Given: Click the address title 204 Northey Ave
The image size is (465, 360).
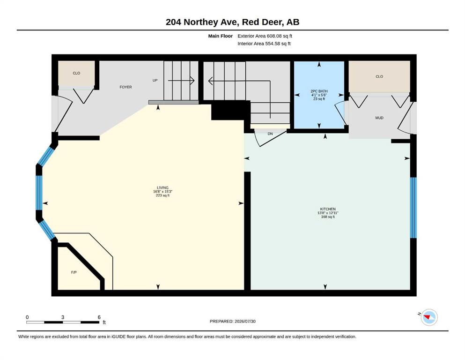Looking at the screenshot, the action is pyautogui.click(x=203, y=22).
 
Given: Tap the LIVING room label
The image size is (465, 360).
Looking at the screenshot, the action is pyautogui.click(x=162, y=187).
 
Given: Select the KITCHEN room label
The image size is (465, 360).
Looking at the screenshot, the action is pyautogui.click(x=328, y=209).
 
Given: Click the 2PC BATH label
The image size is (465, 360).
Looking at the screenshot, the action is pyautogui.click(x=319, y=91).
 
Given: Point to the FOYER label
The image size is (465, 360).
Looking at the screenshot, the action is pyautogui.click(x=126, y=87).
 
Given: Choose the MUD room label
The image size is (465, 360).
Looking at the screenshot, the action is pyautogui.click(x=379, y=118).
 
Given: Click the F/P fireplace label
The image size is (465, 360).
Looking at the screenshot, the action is pyautogui.click(x=74, y=272).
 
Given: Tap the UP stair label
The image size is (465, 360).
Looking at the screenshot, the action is pyautogui.click(x=155, y=81).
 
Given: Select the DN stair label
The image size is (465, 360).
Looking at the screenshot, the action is pyautogui.click(x=270, y=134).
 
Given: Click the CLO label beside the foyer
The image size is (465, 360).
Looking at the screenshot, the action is pyautogui.click(x=76, y=73).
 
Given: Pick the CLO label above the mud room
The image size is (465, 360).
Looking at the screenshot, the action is pyautogui.click(x=379, y=76).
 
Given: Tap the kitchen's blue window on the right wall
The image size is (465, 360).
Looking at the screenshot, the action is pyautogui.click(x=413, y=208).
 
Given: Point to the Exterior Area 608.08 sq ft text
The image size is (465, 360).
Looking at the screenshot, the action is pyautogui.click(x=265, y=36).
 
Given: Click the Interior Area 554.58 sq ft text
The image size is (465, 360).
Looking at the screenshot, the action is pyautogui.click(x=264, y=44).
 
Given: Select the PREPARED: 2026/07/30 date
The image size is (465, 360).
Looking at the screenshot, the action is pyautogui.click(x=232, y=321).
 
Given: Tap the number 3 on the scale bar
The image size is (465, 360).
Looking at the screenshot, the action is pyautogui.click(x=63, y=317).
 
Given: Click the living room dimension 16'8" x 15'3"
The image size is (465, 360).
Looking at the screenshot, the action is pyautogui.click(x=162, y=191).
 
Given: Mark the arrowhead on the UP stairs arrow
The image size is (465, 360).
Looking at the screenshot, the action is pyautogui.click(x=192, y=81).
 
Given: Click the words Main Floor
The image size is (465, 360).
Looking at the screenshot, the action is pyautogui.click(x=221, y=36).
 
